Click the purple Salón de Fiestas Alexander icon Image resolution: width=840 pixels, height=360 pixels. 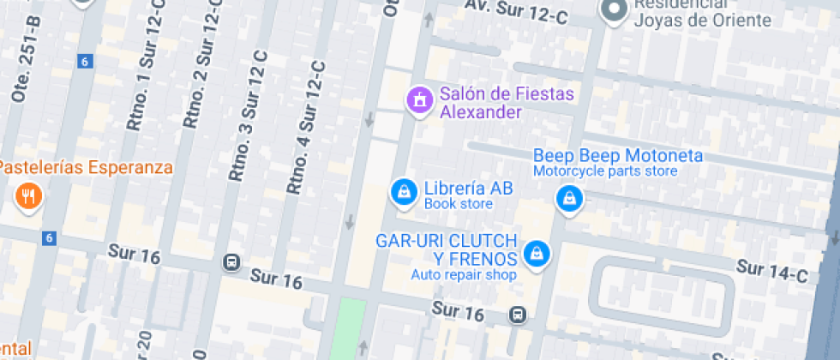coord(419,100)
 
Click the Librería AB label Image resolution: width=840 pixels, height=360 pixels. coord(468,189)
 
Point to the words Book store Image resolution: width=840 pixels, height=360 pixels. coord(458,204)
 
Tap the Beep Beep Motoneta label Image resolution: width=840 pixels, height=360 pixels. coord(618,156)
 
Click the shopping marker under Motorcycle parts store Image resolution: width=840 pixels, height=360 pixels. coord(567,200)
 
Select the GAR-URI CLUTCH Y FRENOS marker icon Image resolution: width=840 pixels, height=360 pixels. coord(536,253)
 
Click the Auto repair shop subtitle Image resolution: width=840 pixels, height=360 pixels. coord(464,275)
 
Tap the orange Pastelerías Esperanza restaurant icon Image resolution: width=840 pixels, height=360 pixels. coord(29,198)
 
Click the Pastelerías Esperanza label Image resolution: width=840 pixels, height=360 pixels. coord(86,167)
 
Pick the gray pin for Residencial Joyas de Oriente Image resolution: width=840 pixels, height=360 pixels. coord(614,11)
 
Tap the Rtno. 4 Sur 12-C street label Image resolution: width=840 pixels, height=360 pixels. coord(306,127)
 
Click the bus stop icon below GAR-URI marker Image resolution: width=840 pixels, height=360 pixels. coord(518,315)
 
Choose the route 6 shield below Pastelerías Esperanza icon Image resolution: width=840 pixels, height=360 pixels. coord(49,237)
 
